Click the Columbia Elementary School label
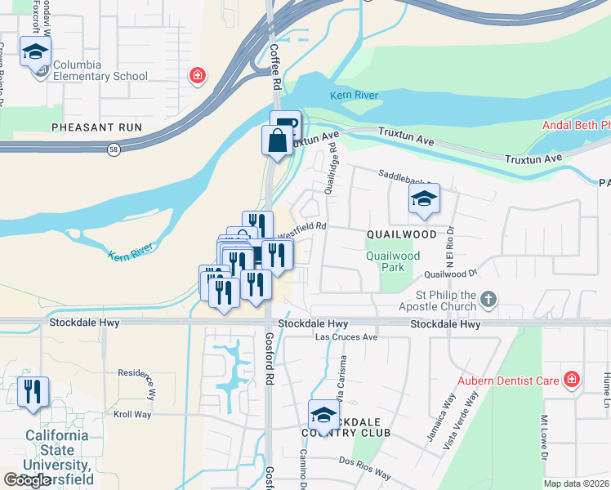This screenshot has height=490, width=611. click(x=100, y=71)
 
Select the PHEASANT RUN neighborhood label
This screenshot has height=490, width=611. click(x=96, y=127)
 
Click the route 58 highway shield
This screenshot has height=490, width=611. click(x=112, y=149)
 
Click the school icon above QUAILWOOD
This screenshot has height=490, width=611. click(x=424, y=199)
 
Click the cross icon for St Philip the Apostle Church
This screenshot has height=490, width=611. click(x=488, y=298)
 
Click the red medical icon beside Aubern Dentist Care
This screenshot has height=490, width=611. click(x=572, y=380)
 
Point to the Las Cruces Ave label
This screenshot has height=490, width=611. click(x=347, y=337)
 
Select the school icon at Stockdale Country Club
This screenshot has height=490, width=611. click(x=323, y=415)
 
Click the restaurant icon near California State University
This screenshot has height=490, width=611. click(x=33, y=392)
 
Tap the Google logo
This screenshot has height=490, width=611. click(x=28, y=480)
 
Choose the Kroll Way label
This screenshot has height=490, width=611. click(x=132, y=415)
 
